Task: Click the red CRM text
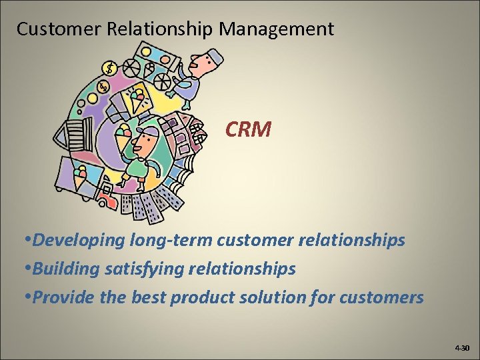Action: [x=248, y=129]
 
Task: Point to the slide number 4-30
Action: [x=462, y=348]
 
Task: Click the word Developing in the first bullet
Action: [x=75, y=240]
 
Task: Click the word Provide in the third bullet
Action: [x=63, y=297]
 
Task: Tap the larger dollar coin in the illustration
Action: [x=109, y=68]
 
